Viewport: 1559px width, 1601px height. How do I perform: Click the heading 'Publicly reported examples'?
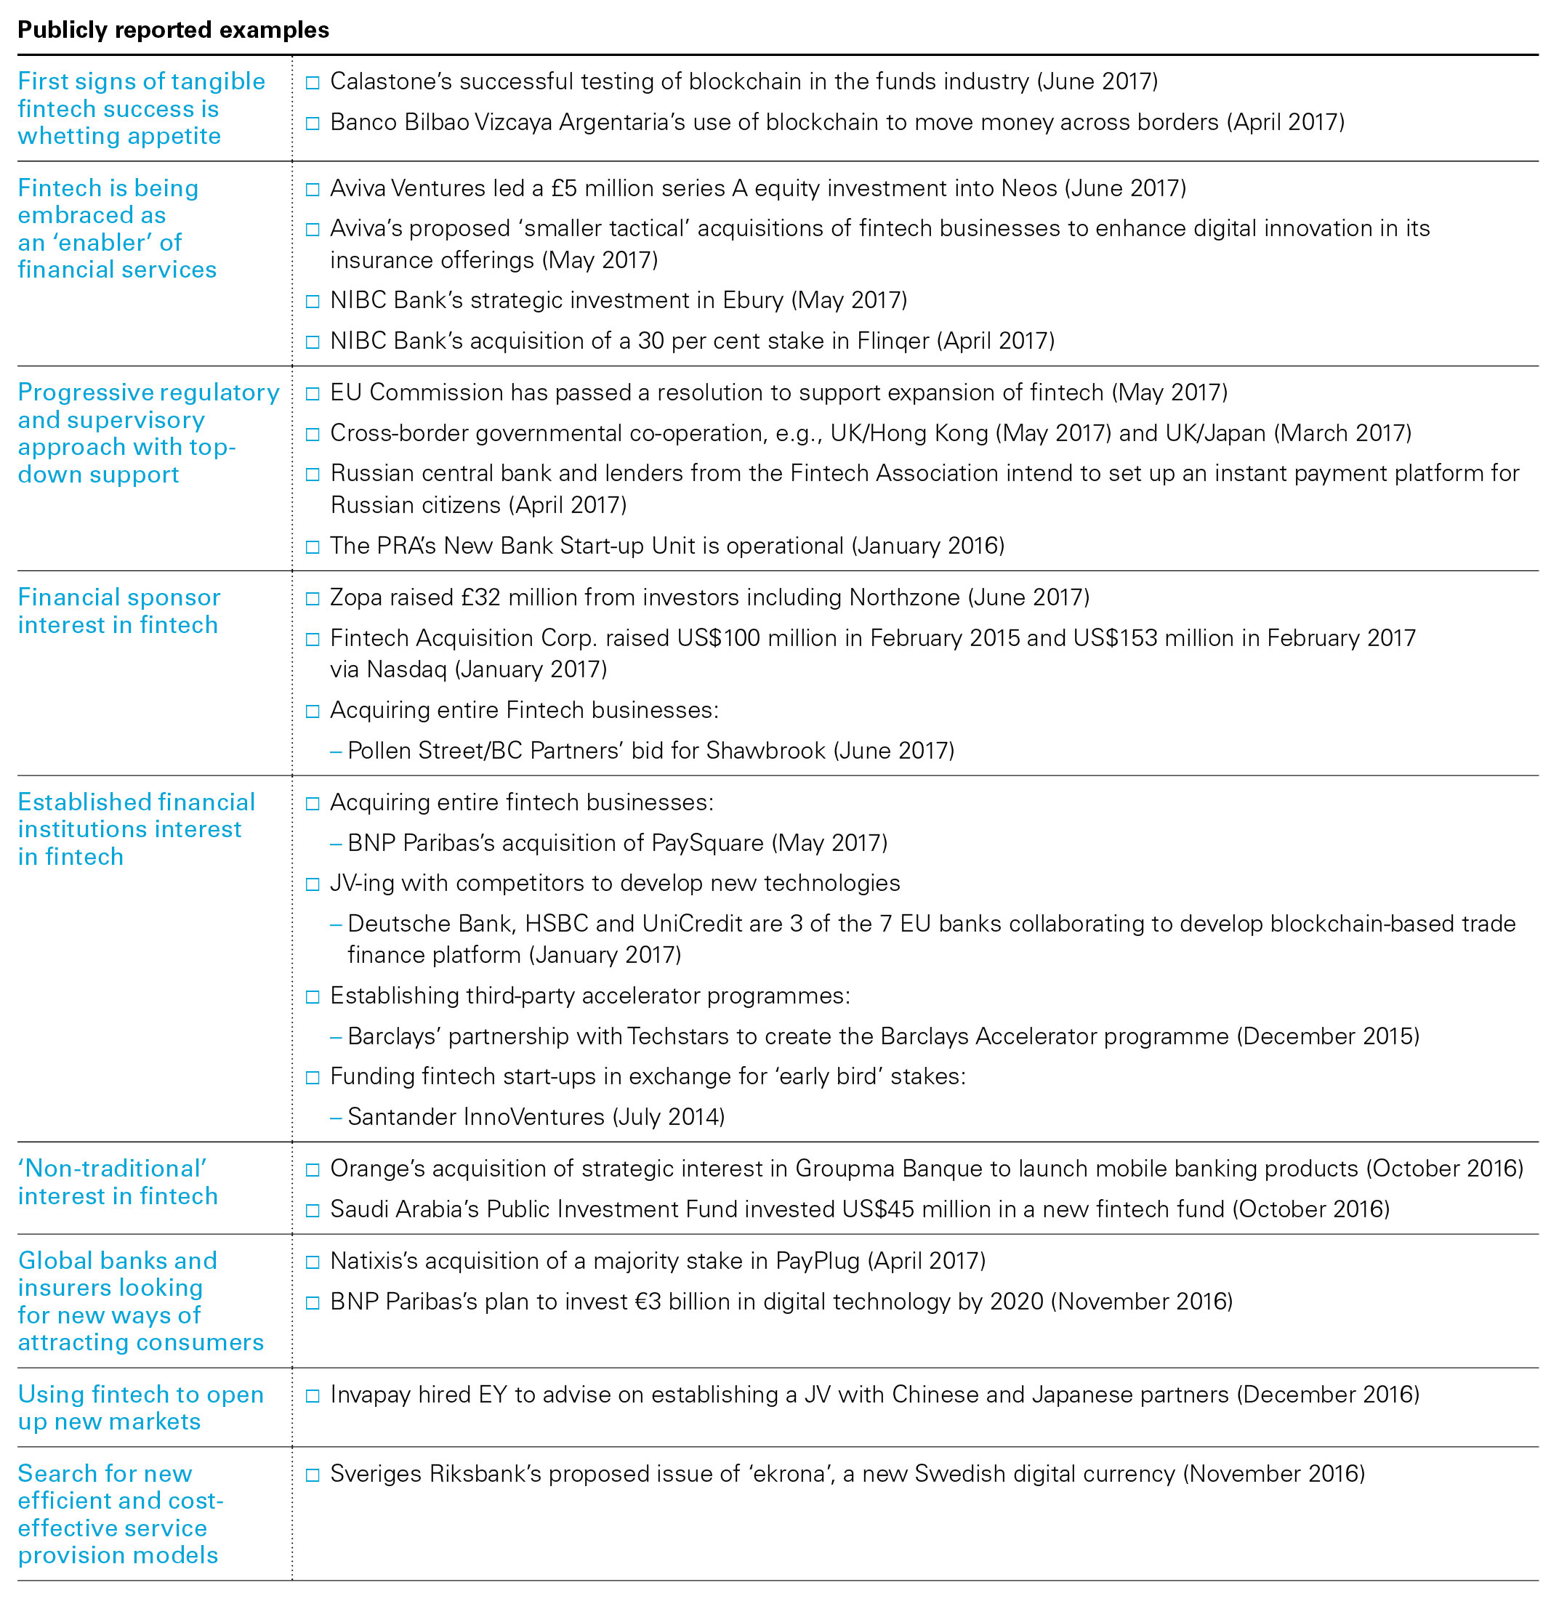tap(173, 31)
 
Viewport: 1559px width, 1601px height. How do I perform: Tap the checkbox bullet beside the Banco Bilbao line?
tap(312, 124)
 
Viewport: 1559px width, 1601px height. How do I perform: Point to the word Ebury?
tap(752, 301)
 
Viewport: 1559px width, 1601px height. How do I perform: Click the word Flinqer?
tap(893, 341)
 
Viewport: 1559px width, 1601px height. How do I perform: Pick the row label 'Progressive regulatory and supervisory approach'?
tap(148, 433)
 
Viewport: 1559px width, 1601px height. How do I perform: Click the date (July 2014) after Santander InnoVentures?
tap(668, 1117)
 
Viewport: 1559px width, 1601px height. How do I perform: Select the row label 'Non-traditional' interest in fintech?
tap(118, 1182)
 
